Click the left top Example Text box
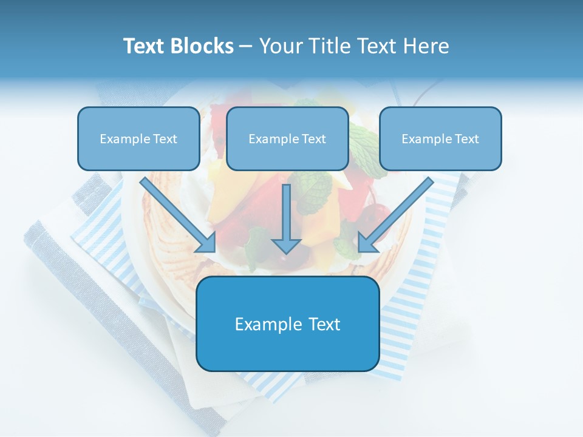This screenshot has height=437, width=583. (138, 138)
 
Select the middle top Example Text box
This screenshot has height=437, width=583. (287, 138)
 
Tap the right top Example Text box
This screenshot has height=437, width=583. (440, 138)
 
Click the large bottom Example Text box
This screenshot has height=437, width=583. (287, 324)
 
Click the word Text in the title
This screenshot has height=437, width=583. (144, 46)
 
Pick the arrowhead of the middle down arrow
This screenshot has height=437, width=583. (286, 246)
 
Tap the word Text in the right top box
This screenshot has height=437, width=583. (466, 139)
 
